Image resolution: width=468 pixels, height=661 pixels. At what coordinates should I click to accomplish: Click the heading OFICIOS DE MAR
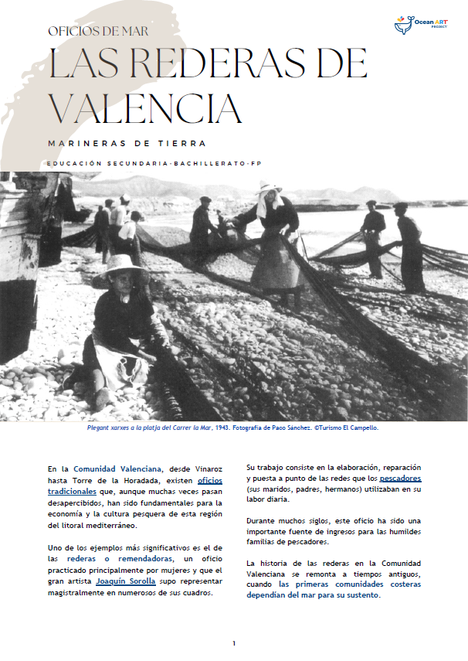[x=97, y=32]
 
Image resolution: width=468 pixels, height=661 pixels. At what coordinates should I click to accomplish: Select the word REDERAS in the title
[x=212, y=65]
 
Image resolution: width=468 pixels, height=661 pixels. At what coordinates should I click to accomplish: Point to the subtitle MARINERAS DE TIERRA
[x=127, y=143]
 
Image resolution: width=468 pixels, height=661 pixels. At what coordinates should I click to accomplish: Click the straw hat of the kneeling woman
[x=120, y=271]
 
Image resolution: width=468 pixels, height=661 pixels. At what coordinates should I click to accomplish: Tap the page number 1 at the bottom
[x=234, y=643]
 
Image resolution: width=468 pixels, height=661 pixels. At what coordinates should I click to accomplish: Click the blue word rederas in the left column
[x=82, y=558]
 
